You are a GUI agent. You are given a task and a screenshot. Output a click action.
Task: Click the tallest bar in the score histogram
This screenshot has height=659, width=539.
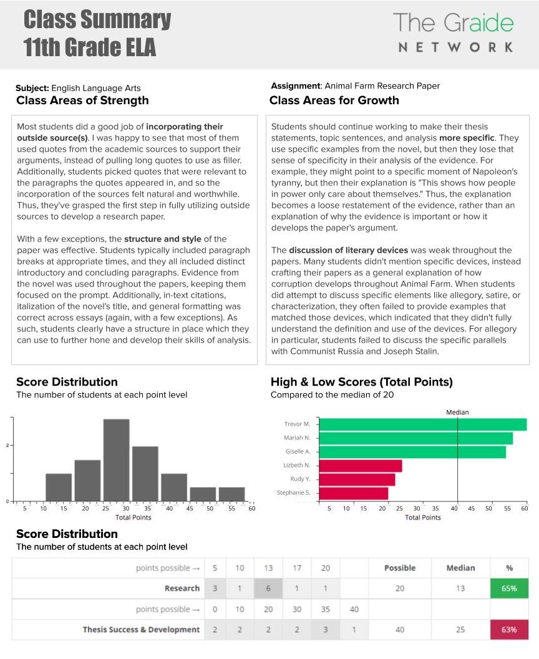117,460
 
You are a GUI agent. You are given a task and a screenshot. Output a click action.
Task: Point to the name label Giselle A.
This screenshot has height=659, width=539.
298,451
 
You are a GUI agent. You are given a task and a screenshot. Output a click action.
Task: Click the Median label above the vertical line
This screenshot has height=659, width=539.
457,412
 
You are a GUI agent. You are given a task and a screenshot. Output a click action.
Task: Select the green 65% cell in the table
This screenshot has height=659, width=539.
509,588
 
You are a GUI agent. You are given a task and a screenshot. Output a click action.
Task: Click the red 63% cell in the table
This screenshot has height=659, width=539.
509,629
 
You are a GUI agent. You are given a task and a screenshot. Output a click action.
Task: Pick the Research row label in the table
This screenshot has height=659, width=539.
182,588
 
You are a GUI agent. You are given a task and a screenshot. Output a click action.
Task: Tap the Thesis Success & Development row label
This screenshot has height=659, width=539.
141,630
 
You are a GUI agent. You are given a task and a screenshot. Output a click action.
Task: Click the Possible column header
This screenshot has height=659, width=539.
400,568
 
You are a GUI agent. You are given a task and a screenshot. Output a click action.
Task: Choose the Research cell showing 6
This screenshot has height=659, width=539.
268,588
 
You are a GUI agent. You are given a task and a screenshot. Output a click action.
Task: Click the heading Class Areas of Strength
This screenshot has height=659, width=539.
82,100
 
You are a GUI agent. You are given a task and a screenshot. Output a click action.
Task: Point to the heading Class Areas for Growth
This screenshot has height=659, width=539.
334,100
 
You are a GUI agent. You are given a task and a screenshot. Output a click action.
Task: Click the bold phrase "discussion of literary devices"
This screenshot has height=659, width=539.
348,250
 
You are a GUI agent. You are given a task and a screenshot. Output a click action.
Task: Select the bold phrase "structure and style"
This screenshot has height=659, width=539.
163,239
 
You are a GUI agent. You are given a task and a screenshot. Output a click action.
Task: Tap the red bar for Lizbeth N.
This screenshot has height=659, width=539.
360,466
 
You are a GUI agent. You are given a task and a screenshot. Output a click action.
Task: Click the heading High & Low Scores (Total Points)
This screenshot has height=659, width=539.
361,382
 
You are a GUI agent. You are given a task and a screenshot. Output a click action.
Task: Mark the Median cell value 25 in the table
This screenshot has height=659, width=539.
460,630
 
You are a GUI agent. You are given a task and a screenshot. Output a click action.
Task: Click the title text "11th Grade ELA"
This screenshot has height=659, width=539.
90,47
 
